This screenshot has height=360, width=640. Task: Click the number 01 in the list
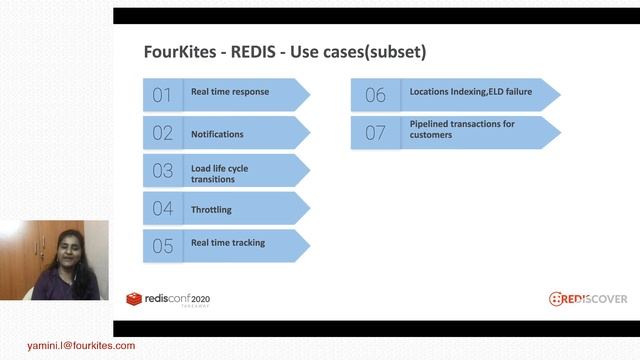pyautogui.click(x=162, y=95)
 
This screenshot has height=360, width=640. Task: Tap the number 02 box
pyautogui.click(x=162, y=133)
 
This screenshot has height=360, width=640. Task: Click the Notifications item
pyautogui.click(x=217, y=133)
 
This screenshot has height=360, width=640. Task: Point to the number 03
pyautogui.click(x=162, y=171)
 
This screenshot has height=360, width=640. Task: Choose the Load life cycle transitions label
pyautogui.click(x=220, y=173)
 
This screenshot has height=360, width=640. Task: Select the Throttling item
pyautogui.click(x=211, y=209)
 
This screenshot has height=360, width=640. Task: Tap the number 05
pyautogui.click(x=162, y=246)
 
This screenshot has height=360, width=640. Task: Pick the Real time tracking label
pyautogui.click(x=228, y=243)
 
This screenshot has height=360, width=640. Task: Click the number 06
pyautogui.click(x=375, y=95)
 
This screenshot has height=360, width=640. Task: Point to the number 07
pyautogui.click(x=375, y=133)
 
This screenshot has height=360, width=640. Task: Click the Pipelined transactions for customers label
pyautogui.click(x=462, y=129)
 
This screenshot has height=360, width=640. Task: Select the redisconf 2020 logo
pyautogui.click(x=168, y=298)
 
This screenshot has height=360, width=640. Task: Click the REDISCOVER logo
pyautogui.click(x=588, y=298)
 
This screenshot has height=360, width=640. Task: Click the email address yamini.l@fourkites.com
pyautogui.click(x=68, y=346)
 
